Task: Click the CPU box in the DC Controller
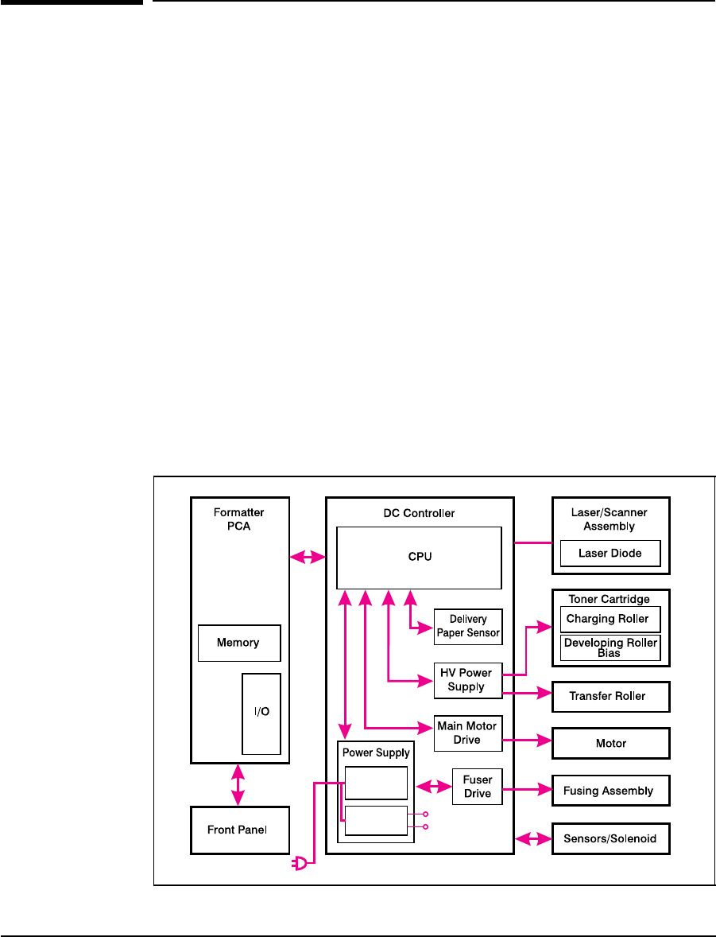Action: (419, 557)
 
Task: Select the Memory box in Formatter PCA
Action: (239, 643)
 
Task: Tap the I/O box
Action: (261, 712)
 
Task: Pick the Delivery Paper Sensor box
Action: (468, 627)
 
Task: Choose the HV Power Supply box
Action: (468, 680)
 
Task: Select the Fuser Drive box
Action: (478, 786)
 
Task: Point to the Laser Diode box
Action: (610, 554)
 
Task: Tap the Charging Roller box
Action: (610, 619)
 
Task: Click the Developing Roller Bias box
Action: (610, 647)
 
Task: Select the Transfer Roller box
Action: (610, 696)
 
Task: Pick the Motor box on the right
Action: (610, 744)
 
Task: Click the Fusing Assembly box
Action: (610, 791)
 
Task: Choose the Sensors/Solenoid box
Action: (610, 838)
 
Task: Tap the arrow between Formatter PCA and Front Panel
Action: (237, 783)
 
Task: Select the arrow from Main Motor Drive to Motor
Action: (528, 741)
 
